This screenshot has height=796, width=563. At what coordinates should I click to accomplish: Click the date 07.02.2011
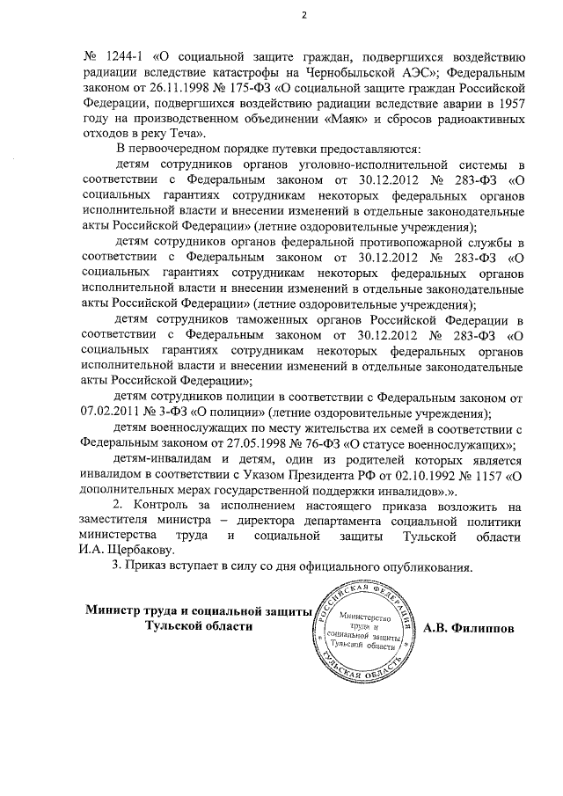point(112,413)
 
